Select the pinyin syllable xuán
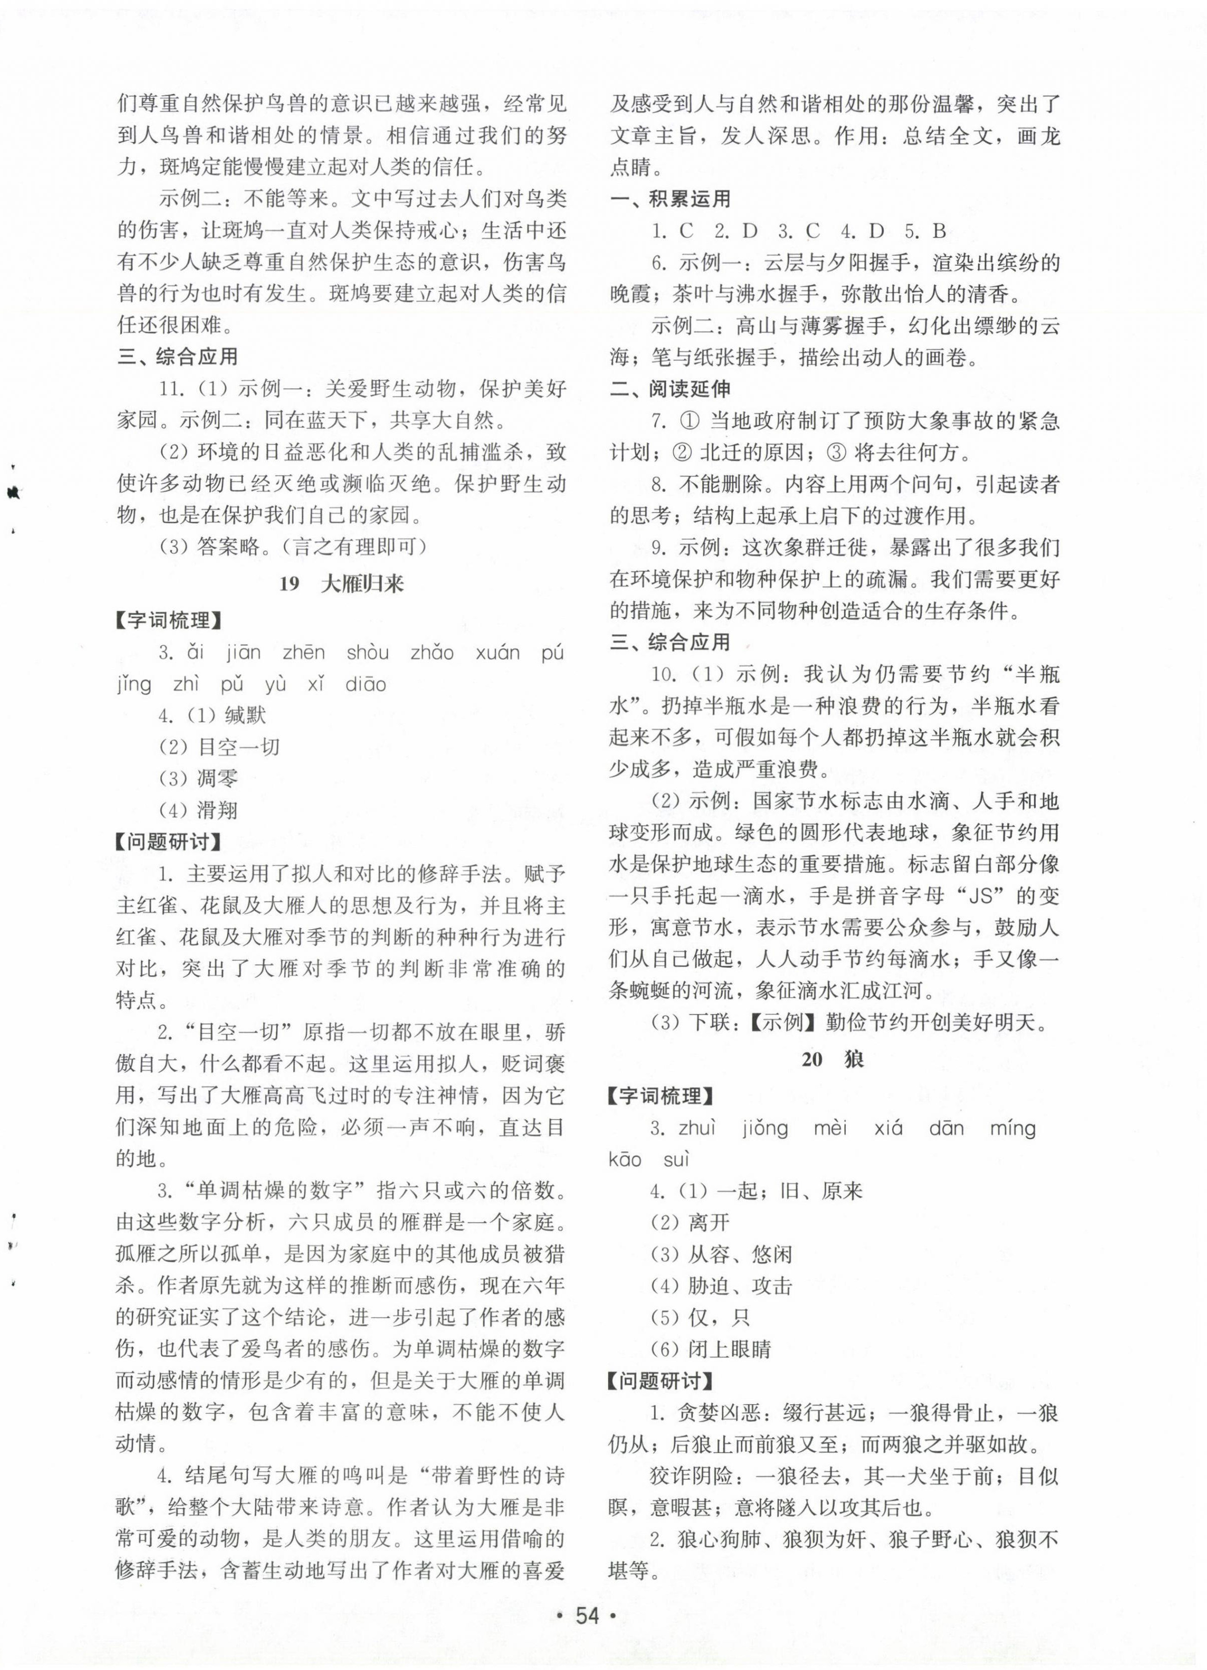click(x=498, y=652)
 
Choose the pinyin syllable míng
click(x=1013, y=1128)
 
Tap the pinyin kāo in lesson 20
click(x=625, y=1160)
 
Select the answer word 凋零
click(x=217, y=779)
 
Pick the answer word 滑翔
click(x=217, y=811)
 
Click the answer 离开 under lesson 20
click(x=708, y=1223)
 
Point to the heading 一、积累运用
click(x=670, y=199)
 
